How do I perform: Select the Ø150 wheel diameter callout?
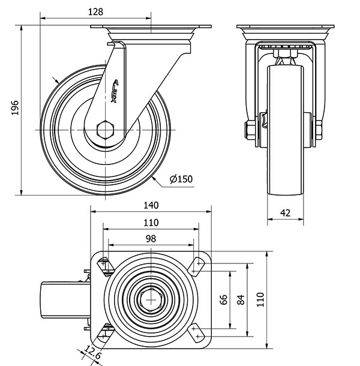coord(181,179)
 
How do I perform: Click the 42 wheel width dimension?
coord(285,212)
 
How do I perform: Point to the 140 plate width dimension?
coord(151,205)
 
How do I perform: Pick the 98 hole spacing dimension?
coord(151,238)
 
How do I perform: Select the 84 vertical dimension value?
coord(241,299)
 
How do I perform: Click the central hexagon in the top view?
coord(150,298)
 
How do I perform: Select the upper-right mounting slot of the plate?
coord(197,263)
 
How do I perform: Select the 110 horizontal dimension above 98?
coord(151,222)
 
